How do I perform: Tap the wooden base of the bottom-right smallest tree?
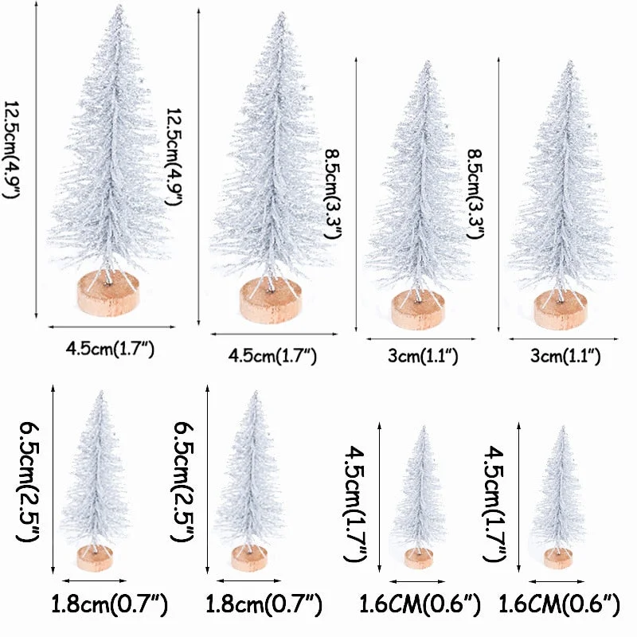pos(557,558)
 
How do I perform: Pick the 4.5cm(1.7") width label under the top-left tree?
pos(111,348)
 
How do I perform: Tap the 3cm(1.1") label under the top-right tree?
pos(565,356)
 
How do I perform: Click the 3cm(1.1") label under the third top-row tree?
pos(422,356)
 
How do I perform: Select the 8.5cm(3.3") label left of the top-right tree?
pos(476,185)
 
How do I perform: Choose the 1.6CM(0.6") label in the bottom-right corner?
pos(559,606)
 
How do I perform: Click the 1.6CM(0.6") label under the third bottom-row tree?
pos(420,606)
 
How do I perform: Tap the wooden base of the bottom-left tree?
pos(95,557)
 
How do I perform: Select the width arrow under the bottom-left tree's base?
pos(95,580)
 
